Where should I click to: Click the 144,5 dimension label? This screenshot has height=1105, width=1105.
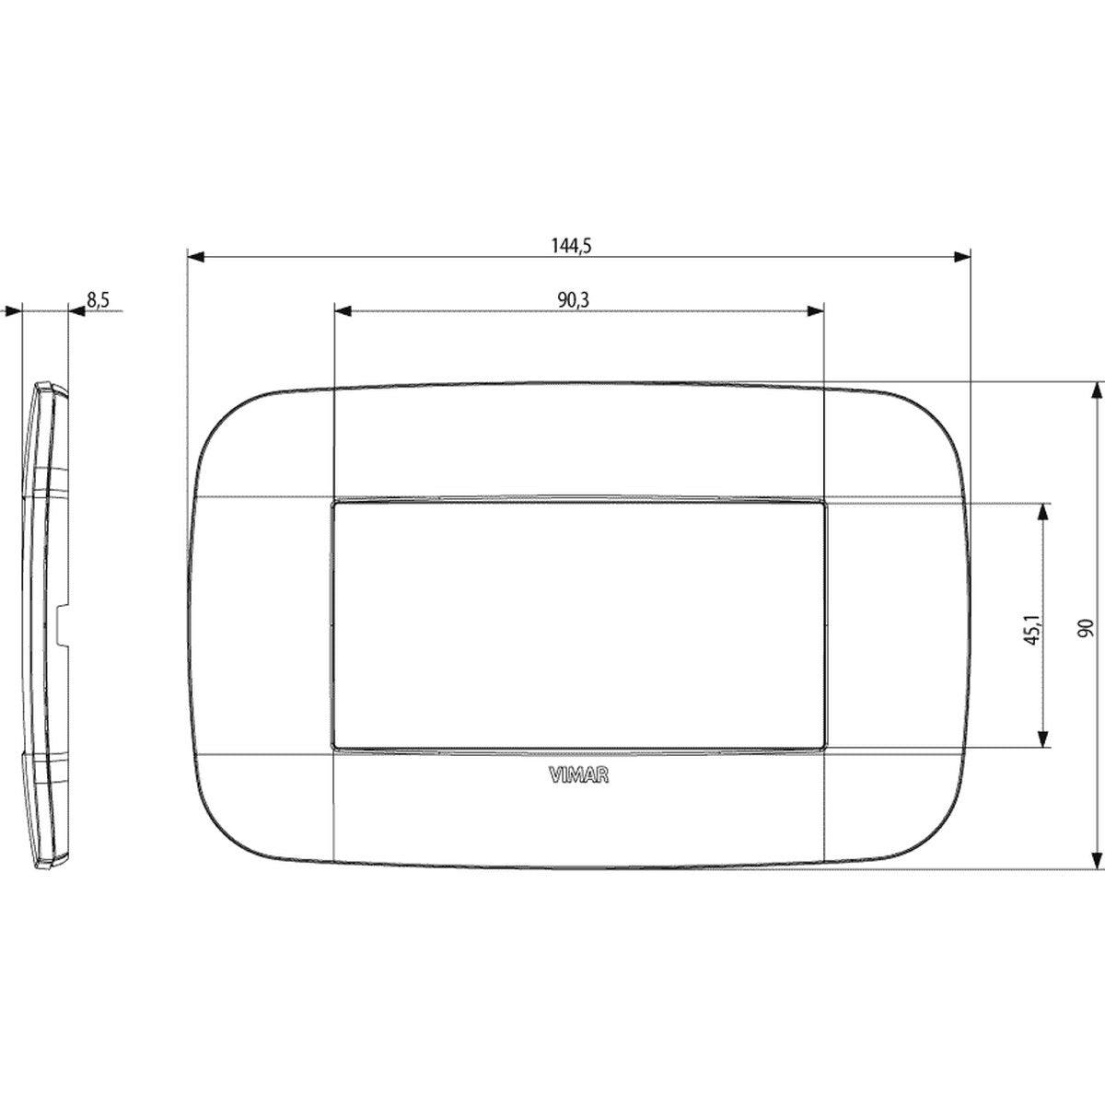pos(571,246)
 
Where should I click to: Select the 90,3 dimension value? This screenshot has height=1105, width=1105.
pos(574,300)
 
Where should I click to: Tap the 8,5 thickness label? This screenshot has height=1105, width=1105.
pos(98,299)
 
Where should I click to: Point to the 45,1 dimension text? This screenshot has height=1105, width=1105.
pos(1032,630)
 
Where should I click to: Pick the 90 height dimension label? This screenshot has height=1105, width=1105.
pos(1086,628)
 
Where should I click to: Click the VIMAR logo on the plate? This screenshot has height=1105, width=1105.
pos(578,775)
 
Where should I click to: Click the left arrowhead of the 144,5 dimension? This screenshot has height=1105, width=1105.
pos(196,257)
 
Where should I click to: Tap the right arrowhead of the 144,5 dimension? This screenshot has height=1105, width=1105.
pos(962,257)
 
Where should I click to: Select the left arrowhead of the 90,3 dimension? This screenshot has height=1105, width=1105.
pos(343,311)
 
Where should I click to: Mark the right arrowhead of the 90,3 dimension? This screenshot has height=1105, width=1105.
pos(816,311)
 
